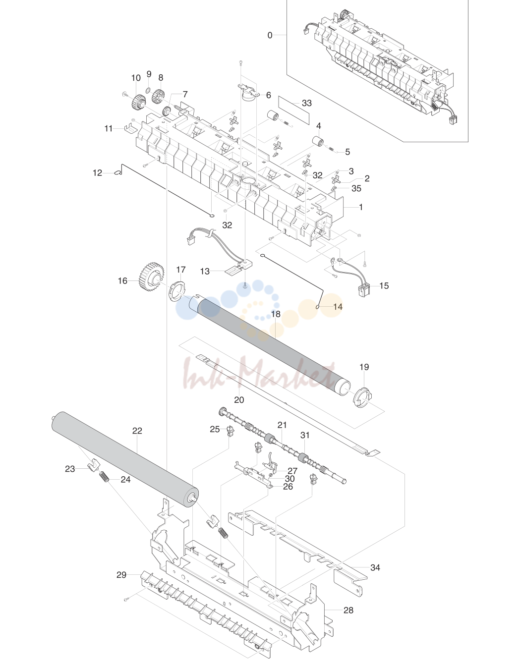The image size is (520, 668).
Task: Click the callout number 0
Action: coord(270,35)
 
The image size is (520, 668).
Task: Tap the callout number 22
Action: coord(137,431)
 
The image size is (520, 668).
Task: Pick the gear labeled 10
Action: coord(138,102)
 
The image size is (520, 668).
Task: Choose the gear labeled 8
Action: coord(159,97)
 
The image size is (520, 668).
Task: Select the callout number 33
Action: coord(306,103)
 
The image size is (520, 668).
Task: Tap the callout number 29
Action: coord(121,575)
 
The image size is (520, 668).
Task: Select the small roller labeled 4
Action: coord(318,142)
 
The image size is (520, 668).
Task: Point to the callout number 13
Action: coord(205,272)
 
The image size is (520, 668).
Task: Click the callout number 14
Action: coord(338,306)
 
